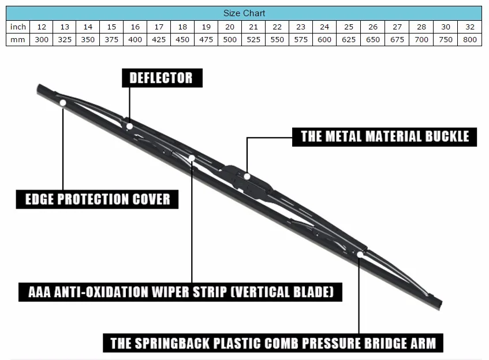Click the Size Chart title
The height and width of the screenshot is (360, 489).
pyautogui.click(x=244, y=13)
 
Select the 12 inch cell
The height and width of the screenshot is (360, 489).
pyautogui.click(x=42, y=27)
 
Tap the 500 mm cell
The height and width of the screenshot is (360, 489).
pyautogui.click(x=230, y=40)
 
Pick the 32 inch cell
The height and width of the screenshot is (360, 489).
pyautogui.click(x=469, y=27)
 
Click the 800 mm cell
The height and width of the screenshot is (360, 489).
pyautogui.click(x=469, y=40)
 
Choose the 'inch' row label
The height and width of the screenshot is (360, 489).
pyautogui.click(x=18, y=27)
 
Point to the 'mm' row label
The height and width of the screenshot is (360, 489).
pyautogui.click(x=18, y=40)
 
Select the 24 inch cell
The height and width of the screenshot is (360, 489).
pyautogui.click(x=324, y=27)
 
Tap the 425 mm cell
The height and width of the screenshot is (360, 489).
pyautogui.click(x=159, y=40)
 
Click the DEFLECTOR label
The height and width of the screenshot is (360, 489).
pyautogui.click(x=162, y=78)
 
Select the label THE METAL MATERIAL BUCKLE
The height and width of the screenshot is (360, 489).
pyautogui.click(x=385, y=137)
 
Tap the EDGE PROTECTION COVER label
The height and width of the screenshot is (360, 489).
pyautogui.click(x=98, y=200)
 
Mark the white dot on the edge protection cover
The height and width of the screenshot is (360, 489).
pyautogui.click(x=62, y=103)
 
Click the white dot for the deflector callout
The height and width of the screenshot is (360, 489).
pyautogui.click(x=129, y=126)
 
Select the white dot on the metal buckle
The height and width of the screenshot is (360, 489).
pyautogui.click(x=247, y=176)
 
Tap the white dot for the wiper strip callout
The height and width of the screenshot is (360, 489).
pyautogui.click(x=192, y=158)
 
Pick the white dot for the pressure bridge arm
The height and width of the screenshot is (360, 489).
pyautogui.click(x=360, y=254)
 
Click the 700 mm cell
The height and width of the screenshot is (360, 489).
pyautogui.click(x=421, y=40)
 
